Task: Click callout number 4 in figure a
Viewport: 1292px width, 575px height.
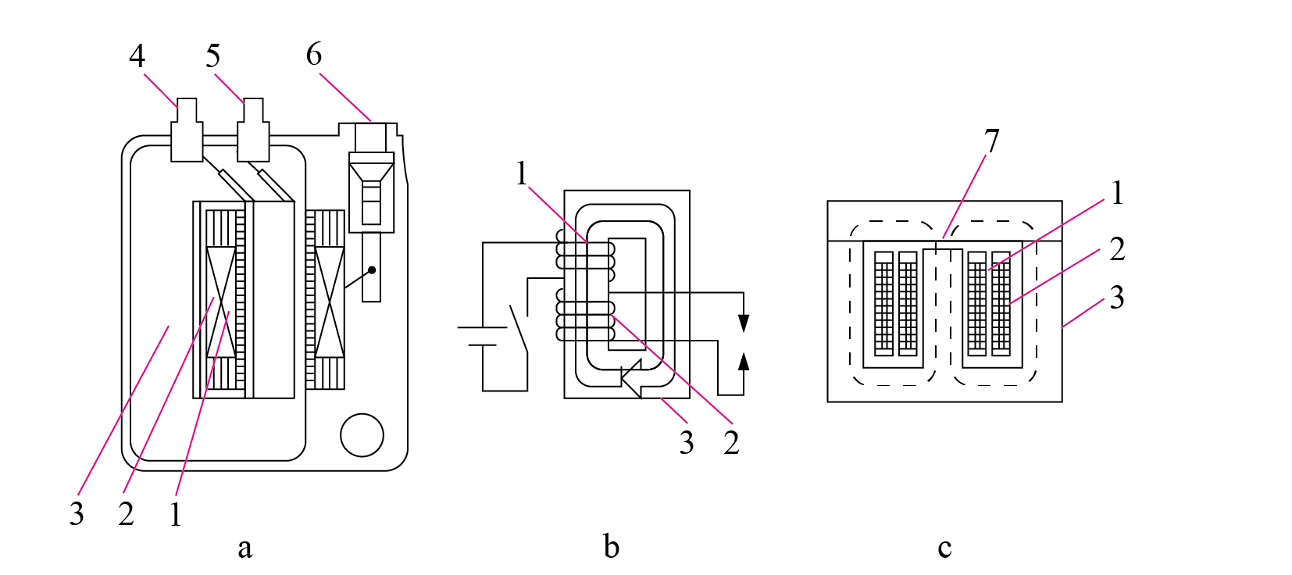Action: [137, 56]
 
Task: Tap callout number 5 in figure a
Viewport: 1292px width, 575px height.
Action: [212, 56]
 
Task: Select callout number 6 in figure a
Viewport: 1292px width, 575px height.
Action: [314, 55]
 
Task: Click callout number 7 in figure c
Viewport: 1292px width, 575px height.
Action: [991, 141]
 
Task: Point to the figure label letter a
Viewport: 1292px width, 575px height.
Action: [245, 548]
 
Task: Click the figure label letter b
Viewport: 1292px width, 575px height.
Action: [612, 545]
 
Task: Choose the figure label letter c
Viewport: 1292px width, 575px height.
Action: [944, 548]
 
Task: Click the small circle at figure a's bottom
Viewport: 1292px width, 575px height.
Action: [362, 435]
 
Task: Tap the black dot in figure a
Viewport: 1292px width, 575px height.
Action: [372, 270]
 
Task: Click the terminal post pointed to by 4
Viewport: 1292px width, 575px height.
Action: [187, 130]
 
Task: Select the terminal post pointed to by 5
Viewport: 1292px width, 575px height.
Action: [253, 130]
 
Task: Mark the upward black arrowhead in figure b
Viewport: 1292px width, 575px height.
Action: [744, 361]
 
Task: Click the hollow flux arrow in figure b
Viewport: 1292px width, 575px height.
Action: [632, 378]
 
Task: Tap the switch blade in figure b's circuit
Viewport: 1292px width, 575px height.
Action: [518, 328]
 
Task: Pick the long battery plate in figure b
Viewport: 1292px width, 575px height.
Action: [482, 327]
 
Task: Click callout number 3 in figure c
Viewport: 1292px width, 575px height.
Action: [1117, 298]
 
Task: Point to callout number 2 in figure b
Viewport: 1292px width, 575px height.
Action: [731, 443]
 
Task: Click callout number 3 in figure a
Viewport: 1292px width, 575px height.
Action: [77, 513]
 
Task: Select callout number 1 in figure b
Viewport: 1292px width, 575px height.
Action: [522, 173]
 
